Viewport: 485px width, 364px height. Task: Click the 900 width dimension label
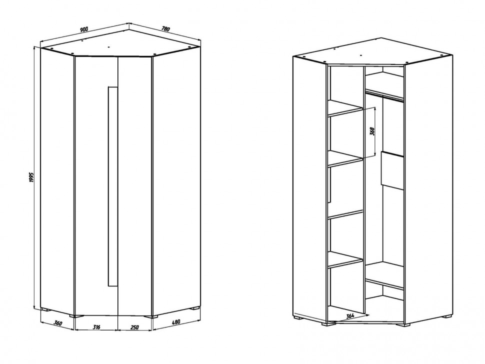[x=84, y=29]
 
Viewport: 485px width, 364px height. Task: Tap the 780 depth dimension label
[x=165, y=29]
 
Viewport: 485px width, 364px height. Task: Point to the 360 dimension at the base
[x=58, y=323]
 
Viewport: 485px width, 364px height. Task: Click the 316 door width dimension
[x=96, y=327]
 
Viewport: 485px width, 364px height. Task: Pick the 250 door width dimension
[x=134, y=327]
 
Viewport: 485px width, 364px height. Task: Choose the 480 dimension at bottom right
[x=175, y=322]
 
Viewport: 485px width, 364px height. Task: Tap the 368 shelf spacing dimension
[x=372, y=131]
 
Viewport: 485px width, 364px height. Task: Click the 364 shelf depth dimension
[x=350, y=316]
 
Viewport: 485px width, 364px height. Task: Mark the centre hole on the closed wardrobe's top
[x=109, y=47]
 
